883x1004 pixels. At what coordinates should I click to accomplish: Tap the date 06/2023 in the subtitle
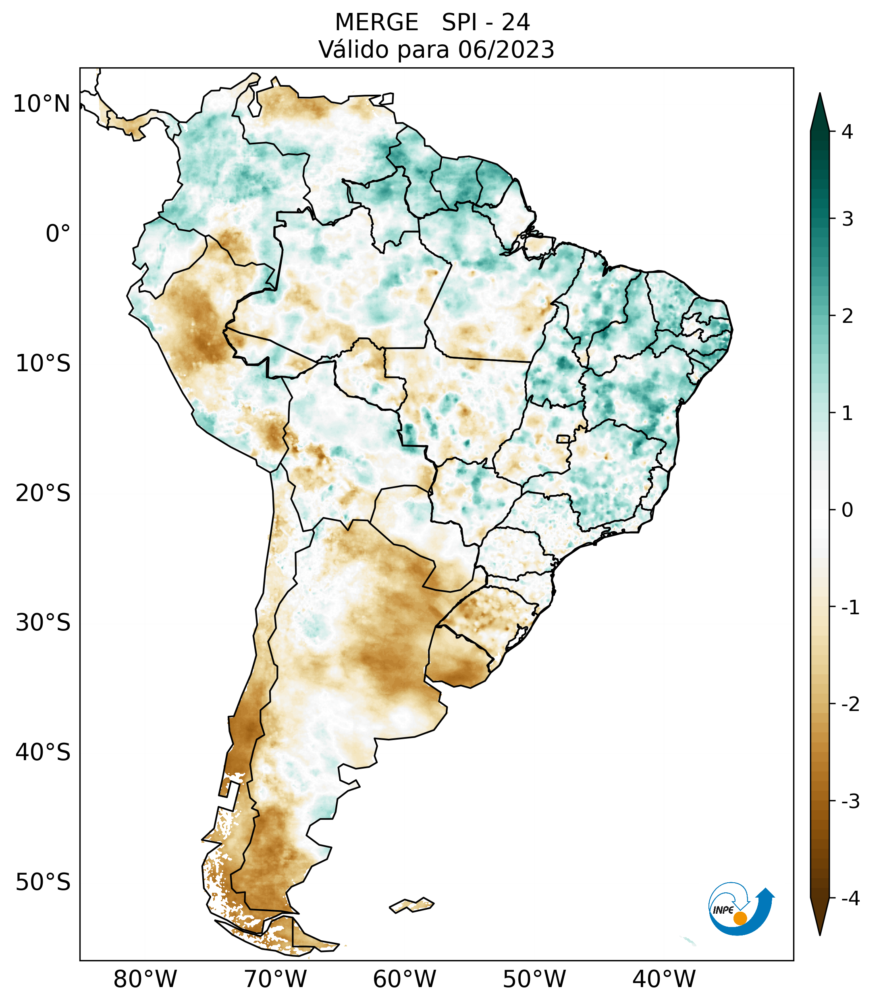click(506, 50)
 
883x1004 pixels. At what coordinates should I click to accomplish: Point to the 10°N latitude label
click(42, 104)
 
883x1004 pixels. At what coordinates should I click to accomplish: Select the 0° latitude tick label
click(58, 234)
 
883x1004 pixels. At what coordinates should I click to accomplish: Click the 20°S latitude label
click(43, 493)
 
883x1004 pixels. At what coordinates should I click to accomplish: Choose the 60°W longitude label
click(404, 979)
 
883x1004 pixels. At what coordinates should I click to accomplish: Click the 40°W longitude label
click(664, 979)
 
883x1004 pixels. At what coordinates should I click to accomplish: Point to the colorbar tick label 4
click(847, 132)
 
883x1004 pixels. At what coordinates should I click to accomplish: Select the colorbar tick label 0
click(847, 510)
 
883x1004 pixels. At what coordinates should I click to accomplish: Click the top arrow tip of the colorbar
click(820, 95)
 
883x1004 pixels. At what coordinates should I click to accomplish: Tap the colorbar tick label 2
click(847, 316)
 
